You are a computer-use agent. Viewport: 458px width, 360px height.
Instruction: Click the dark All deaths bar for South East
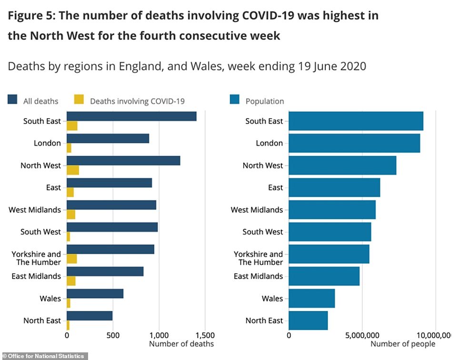131,116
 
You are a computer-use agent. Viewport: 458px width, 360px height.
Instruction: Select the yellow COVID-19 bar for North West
73,170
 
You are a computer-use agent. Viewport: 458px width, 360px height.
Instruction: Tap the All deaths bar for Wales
95,294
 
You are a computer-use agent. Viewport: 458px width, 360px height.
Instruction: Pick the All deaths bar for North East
90,316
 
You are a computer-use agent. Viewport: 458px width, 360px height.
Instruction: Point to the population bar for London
354,143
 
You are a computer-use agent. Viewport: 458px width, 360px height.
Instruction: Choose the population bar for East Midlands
324,276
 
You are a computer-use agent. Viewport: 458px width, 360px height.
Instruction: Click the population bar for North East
308,320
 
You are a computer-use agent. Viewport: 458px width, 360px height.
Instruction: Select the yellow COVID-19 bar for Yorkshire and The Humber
72,259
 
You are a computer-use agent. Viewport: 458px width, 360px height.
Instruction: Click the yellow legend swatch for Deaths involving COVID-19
79,100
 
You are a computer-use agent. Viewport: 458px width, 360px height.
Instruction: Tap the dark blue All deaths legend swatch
12,100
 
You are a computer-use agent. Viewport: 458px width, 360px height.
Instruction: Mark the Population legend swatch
235,100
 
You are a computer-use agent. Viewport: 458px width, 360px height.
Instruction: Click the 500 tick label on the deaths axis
112,335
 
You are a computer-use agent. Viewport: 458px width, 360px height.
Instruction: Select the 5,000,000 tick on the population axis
362,335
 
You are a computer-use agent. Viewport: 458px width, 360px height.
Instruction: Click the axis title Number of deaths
181,344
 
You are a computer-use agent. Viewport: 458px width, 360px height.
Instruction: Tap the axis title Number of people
403,344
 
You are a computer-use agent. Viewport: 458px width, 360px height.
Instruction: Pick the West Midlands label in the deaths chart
35,210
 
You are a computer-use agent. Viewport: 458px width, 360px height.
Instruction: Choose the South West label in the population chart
262,232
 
